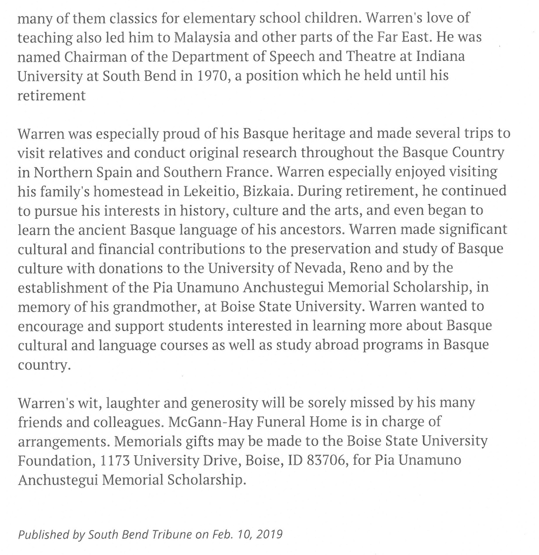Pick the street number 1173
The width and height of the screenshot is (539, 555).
click(x=115, y=460)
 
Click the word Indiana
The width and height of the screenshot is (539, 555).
click(x=441, y=56)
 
